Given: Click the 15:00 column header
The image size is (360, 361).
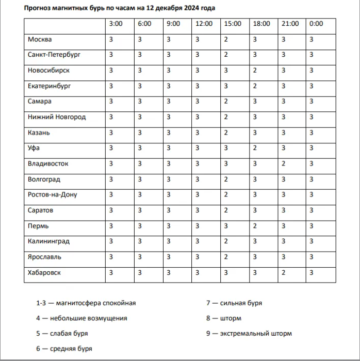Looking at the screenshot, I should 233,24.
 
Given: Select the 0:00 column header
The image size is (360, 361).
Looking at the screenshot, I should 316,24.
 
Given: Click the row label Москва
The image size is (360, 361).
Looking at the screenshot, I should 40,39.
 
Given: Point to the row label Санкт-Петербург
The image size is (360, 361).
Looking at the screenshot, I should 54,55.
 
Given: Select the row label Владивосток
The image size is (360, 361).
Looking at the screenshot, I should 48,163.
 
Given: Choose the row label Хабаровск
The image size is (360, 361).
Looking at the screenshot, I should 45,272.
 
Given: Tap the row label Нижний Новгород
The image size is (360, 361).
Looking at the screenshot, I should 57,117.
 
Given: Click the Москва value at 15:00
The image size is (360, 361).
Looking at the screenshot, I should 226,39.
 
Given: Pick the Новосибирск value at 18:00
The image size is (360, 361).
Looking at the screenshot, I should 255,70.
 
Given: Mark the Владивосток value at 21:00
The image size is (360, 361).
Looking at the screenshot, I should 283,163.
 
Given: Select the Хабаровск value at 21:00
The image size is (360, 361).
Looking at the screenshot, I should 283,272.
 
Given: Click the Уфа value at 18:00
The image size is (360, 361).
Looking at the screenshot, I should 255,148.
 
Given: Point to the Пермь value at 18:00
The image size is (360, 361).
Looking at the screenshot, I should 255,226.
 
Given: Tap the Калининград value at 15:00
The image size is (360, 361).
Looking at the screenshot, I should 226,241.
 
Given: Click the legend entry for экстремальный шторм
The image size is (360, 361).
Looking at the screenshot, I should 249,334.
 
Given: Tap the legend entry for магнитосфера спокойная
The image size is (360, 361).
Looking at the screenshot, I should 86,303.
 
